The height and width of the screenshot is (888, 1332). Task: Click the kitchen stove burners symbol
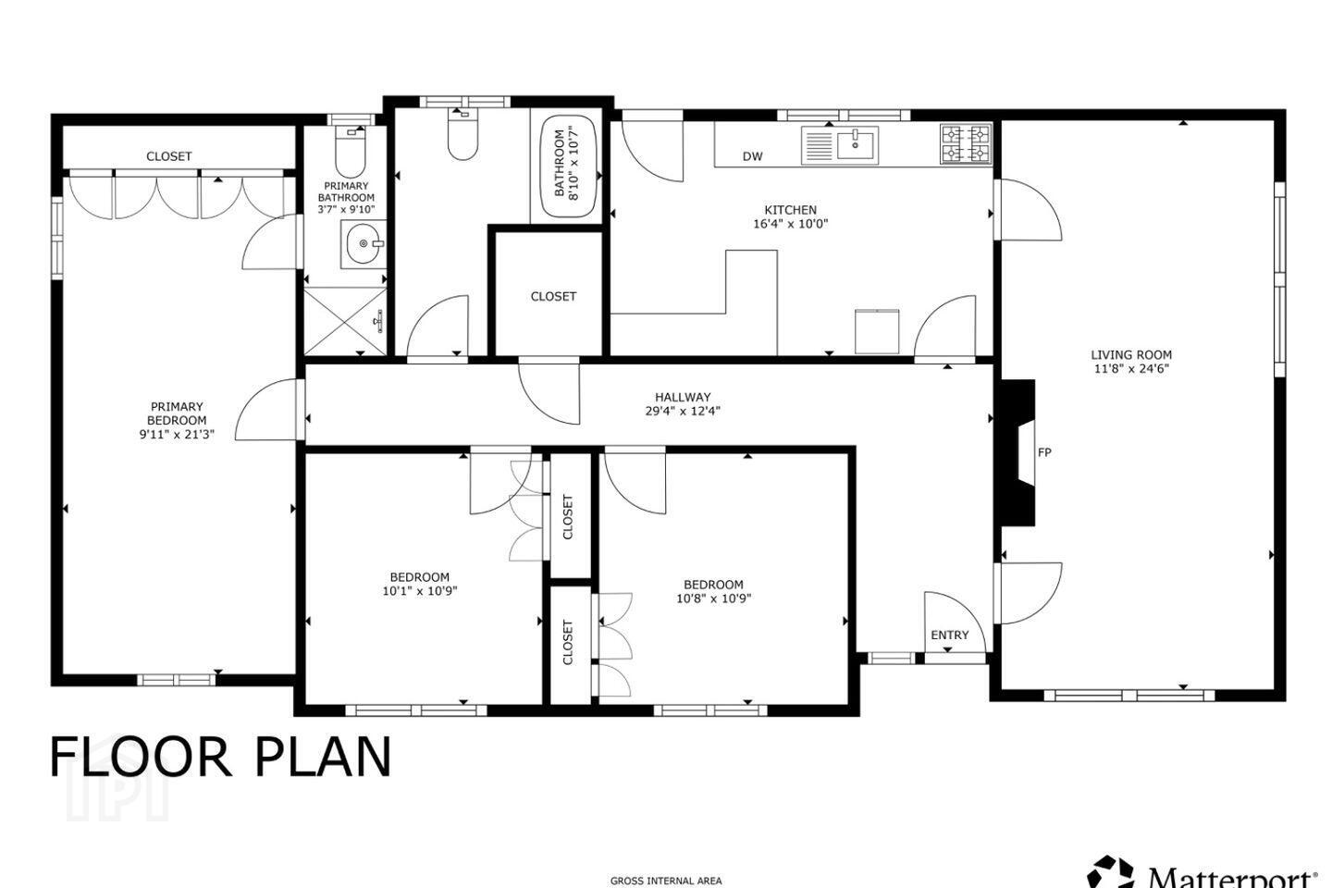coord(965,143)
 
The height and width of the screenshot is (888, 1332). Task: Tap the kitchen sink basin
coord(856,144)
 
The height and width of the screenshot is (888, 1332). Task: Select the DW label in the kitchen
coord(752,156)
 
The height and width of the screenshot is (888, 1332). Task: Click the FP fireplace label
coord(1044,452)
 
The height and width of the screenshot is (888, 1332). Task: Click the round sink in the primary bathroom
coord(363,243)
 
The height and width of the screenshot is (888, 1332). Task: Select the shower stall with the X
coord(345,321)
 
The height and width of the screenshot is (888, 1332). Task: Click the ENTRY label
coord(950,635)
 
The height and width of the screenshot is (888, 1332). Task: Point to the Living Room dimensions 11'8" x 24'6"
coord(1131,369)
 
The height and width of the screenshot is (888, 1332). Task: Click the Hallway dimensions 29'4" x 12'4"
coord(683,411)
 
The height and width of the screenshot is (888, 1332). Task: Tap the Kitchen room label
coord(790,210)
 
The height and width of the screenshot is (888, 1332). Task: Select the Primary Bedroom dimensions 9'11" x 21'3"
coord(177,434)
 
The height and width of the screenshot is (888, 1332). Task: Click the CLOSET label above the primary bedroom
coord(169,156)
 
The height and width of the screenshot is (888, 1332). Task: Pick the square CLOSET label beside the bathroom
coord(553,296)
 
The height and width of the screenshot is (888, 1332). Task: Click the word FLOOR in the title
coord(140,758)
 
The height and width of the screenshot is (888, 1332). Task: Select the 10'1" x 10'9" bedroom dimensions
coord(420,591)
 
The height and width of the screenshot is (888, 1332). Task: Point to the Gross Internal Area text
coord(666,881)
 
